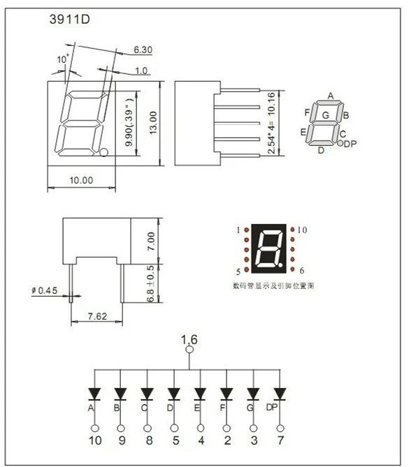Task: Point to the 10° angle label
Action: (63, 59)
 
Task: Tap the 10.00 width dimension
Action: (81, 180)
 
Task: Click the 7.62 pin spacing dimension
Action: (97, 316)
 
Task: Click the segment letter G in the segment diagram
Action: (326, 114)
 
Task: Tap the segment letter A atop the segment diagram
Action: (330, 96)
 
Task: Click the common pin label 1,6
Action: (189, 340)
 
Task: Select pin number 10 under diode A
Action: (94, 440)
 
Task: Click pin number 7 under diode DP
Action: (280, 440)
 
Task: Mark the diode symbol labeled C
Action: (147, 394)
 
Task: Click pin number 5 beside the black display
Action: (238, 271)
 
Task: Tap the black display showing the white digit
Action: (268, 249)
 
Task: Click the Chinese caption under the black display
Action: (268, 286)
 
